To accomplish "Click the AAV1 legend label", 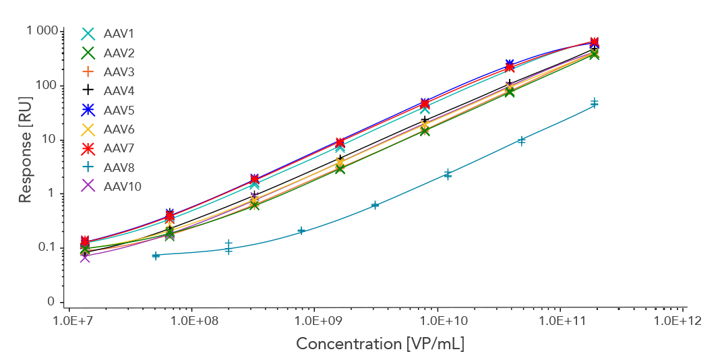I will (x=118, y=34).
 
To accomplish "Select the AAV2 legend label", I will (x=118, y=53).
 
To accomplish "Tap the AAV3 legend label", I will (x=118, y=71).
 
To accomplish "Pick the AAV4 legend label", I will (x=118, y=90).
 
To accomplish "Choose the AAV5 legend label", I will (x=118, y=110).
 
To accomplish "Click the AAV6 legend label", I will (x=118, y=129).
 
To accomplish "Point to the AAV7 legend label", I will (x=118, y=148).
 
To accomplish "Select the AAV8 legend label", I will (x=118, y=167).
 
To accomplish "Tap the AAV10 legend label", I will (x=122, y=186).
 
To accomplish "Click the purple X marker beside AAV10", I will (x=88, y=186).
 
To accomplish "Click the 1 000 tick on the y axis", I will (x=43, y=32).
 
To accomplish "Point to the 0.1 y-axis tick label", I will (x=47, y=248).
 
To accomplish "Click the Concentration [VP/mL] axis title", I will (x=381, y=344).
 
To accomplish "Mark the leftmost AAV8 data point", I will (x=156, y=256).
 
